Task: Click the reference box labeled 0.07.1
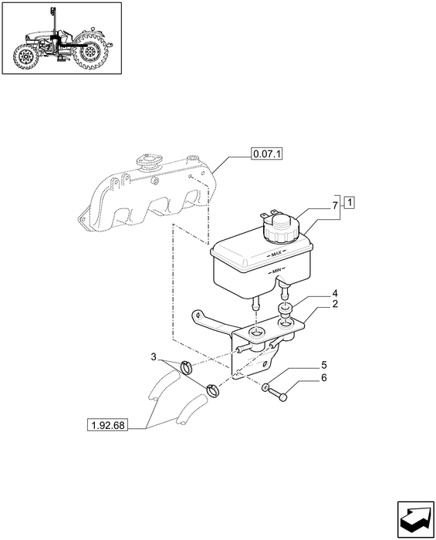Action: [x=266, y=154]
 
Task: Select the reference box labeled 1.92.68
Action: [x=107, y=425]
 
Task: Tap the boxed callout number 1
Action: [x=350, y=203]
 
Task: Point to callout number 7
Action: [x=335, y=206]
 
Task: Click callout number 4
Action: [x=335, y=293]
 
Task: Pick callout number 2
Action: [x=335, y=304]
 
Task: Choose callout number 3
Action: [x=154, y=356]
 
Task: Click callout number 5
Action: [x=324, y=365]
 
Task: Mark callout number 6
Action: [x=324, y=378]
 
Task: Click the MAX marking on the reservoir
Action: [x=275, y=254]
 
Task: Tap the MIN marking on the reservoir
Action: [x=276, y=271]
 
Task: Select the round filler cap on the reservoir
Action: [x=281, y=228]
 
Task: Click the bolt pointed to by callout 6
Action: [x=278, y=395]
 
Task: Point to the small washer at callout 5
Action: [x=265, y=387]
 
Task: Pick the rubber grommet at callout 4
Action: [x=286, y=309]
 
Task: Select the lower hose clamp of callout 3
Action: [x=214, y=390]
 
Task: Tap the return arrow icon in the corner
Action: [x=415, y=519]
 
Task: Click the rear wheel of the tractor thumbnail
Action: [x=90, y=52]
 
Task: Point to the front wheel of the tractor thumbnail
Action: [x=25, y=57]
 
